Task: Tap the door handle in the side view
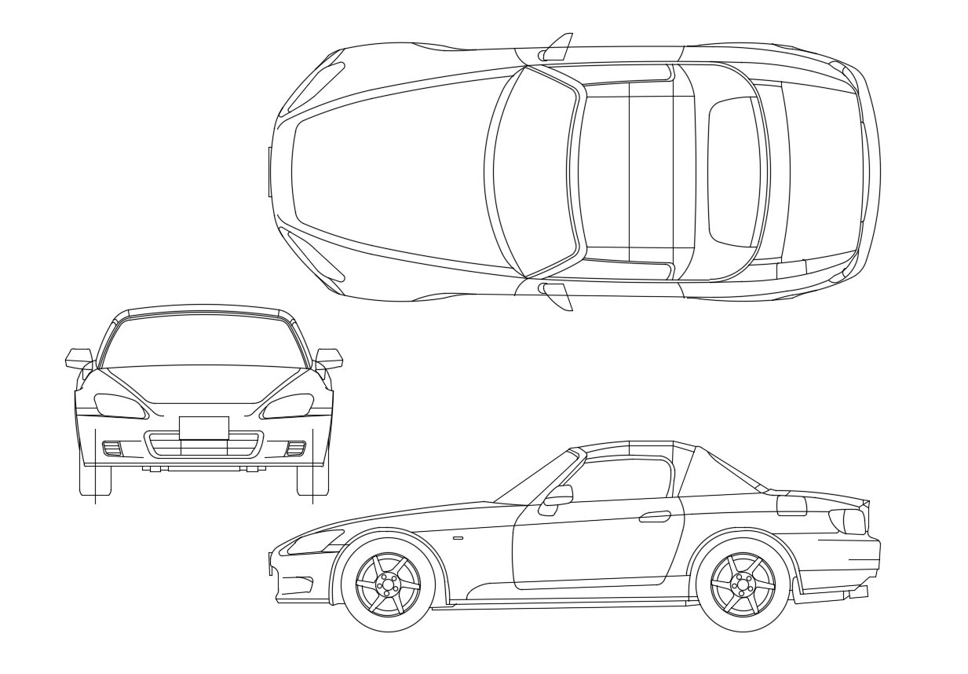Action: tap(655, 516)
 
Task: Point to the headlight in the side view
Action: tap(316, 541)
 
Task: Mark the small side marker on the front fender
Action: tap(458, 538)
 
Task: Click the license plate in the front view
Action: tap(203, 428)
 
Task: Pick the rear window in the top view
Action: tap(735, 171)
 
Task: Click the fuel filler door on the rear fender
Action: tap(791, 505)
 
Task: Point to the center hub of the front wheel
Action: tap(388, 584)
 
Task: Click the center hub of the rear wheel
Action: tap(743, 584)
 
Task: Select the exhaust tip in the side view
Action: tap(858, 592)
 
